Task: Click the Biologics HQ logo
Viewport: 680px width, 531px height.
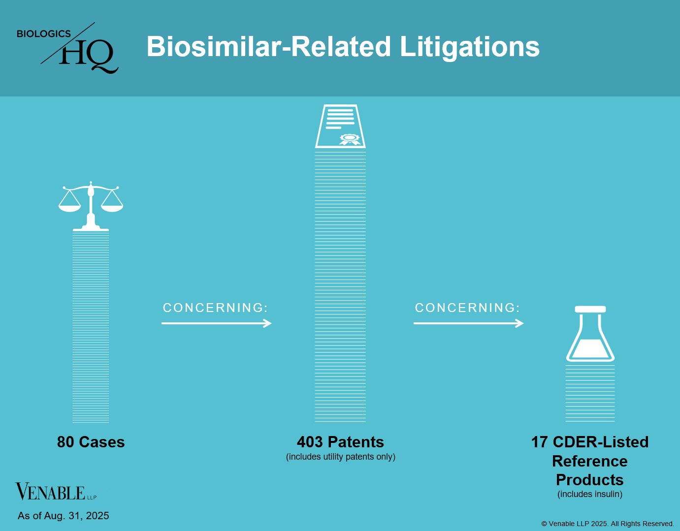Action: click(x=67, y=48)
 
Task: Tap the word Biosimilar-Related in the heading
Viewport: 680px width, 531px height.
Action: click(x=269, y=46)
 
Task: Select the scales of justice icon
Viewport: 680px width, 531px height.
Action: click(x=91, y=206)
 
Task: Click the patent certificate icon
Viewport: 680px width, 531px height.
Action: click(x=340, y=126)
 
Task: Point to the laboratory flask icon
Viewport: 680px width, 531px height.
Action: click(x=590, y=334)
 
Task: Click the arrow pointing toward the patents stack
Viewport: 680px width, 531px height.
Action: click(x=217, y=323)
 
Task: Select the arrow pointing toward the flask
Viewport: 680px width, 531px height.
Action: click(x=468, y=323)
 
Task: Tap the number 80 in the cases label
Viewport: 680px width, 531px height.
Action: click(x=65, y=442)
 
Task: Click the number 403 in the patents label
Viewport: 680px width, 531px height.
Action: click(x=310, y=442)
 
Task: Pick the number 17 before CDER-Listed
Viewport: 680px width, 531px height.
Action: click(x=539, y=442)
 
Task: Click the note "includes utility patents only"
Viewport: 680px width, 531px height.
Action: click(x=340, y=457)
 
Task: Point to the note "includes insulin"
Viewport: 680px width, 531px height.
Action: click(x=590, y=494)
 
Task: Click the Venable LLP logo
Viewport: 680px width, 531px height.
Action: click(x=56, y=491)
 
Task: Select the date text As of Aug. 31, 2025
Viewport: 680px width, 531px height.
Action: click(x=63, y=516)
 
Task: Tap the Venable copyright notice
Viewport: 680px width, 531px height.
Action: click(x=608, y=524)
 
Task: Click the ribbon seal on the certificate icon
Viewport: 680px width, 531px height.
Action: click(x=350, y=139)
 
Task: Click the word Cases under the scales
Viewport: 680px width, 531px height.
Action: click(x=102, y=442)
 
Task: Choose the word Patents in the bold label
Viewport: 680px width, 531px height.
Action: click(x=356, y=442)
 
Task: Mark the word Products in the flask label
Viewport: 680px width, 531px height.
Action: click(x=590, y=480)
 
